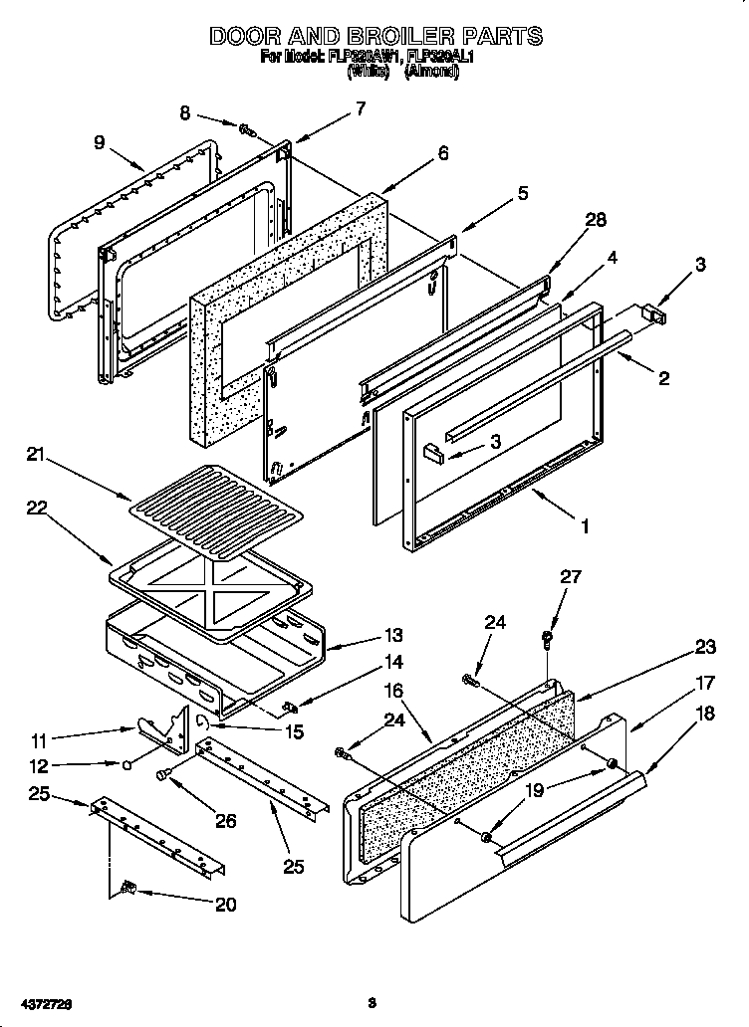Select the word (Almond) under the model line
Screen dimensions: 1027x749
[430, 73]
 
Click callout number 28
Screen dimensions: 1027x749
[596, 221]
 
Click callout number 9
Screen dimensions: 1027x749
[99, 142]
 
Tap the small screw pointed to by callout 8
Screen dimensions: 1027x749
[245, 127]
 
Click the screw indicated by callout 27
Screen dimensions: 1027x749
[547, 637]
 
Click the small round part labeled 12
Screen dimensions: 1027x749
[127, 765]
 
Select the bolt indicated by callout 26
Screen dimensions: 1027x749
[164, 772]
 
